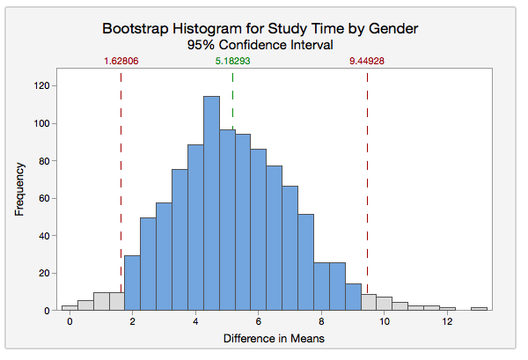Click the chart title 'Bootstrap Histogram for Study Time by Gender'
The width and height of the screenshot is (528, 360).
[260, 28]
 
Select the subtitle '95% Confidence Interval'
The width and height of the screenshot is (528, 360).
[260, 44]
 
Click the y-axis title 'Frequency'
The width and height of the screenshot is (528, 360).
[18, 188]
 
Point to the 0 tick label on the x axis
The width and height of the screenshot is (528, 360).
[70, 323]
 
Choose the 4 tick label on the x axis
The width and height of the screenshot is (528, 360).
[195, 323]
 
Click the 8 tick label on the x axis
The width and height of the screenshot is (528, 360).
[322, 323]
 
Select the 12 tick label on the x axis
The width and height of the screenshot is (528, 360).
[448, 323]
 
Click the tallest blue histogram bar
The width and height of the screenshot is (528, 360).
[211, 202]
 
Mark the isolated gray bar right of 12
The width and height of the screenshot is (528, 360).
[479, 309]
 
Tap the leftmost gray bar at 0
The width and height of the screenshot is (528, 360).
[70, 308]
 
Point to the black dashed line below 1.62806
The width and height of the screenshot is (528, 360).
[121, 176]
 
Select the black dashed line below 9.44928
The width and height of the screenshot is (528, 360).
[367, 176]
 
